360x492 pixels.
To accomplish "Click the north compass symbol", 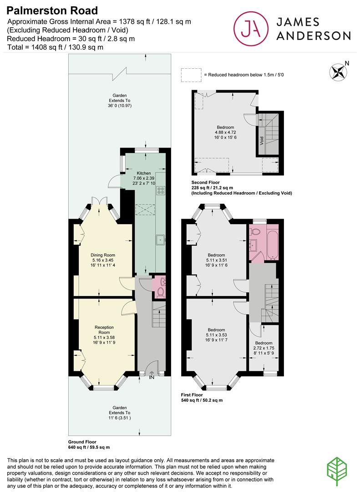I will [x=338, y=72].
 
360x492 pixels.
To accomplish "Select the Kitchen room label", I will [x=144, y=174].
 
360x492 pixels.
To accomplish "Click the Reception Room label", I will [x=104, y=330].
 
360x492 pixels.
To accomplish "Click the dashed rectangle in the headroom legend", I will [x=191, y=75].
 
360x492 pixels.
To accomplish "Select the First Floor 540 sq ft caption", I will [x=202, y=397].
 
